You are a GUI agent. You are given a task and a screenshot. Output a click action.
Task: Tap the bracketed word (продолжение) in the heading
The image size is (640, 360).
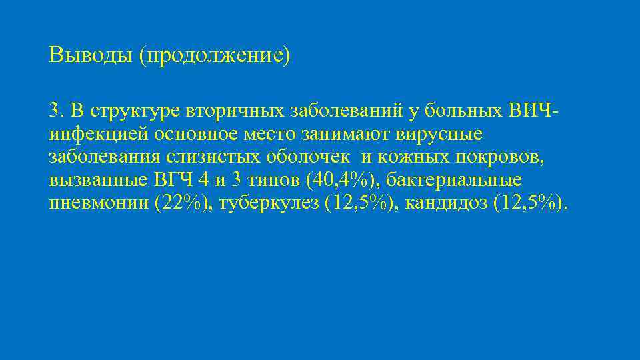coord(215,55)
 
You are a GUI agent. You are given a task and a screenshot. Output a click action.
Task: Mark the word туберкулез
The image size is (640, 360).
coord(268,203)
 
